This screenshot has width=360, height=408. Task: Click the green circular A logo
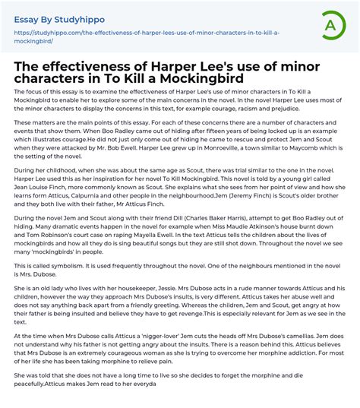pos(331,25)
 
